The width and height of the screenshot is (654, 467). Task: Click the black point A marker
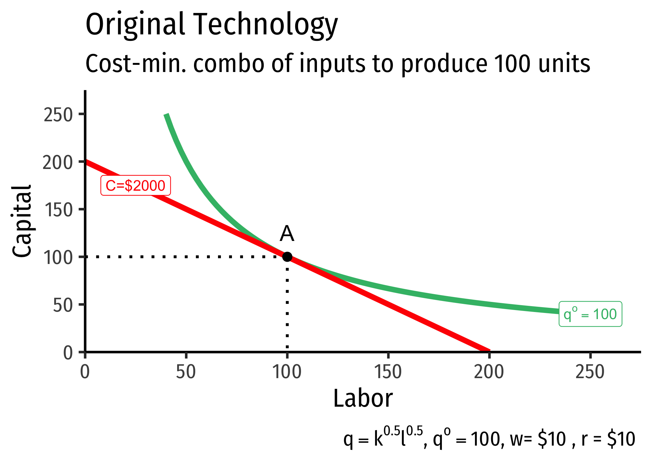pyautogui.click(x=287, y=257)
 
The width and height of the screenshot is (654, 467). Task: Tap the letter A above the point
pyautogui.click(x=287, y=234)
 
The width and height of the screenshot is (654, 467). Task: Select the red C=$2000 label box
pyautogui.click(x=136, y=186)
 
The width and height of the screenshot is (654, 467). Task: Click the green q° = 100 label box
pyautogui.click(x=590, y=314)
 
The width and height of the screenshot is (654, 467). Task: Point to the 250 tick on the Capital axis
pyautogui.click(x=57, y=115)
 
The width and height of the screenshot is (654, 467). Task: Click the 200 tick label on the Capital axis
pyautogui.click(x=57, y=163)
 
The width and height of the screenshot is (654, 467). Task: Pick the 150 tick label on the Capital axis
pyautogui.click(x=57, y=210)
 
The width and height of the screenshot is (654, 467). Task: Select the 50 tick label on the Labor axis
pyautogui.click(x=186, y=372)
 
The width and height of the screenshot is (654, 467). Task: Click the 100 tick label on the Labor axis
pyautogui.click(x=287, y=372)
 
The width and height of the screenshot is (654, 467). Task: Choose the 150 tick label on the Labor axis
pyautogui.click(x=388, y=372)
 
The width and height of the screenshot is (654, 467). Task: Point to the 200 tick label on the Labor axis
pyautogui.click(x=489, y=372)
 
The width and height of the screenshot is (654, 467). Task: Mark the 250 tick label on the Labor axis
pyautogui.click(x=590, y=372)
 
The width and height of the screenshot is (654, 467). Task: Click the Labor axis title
pyautogui.click(x=363, y=399)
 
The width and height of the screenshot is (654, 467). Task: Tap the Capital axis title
pyautogui.click(x=22, y=221)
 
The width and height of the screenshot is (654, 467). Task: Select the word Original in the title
pyautogui.click(x=135, y=25)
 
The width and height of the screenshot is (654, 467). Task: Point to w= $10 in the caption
pyautogui.click(x=538, y=440)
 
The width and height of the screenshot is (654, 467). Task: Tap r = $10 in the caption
pyautogui.click(x=608, y=440)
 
